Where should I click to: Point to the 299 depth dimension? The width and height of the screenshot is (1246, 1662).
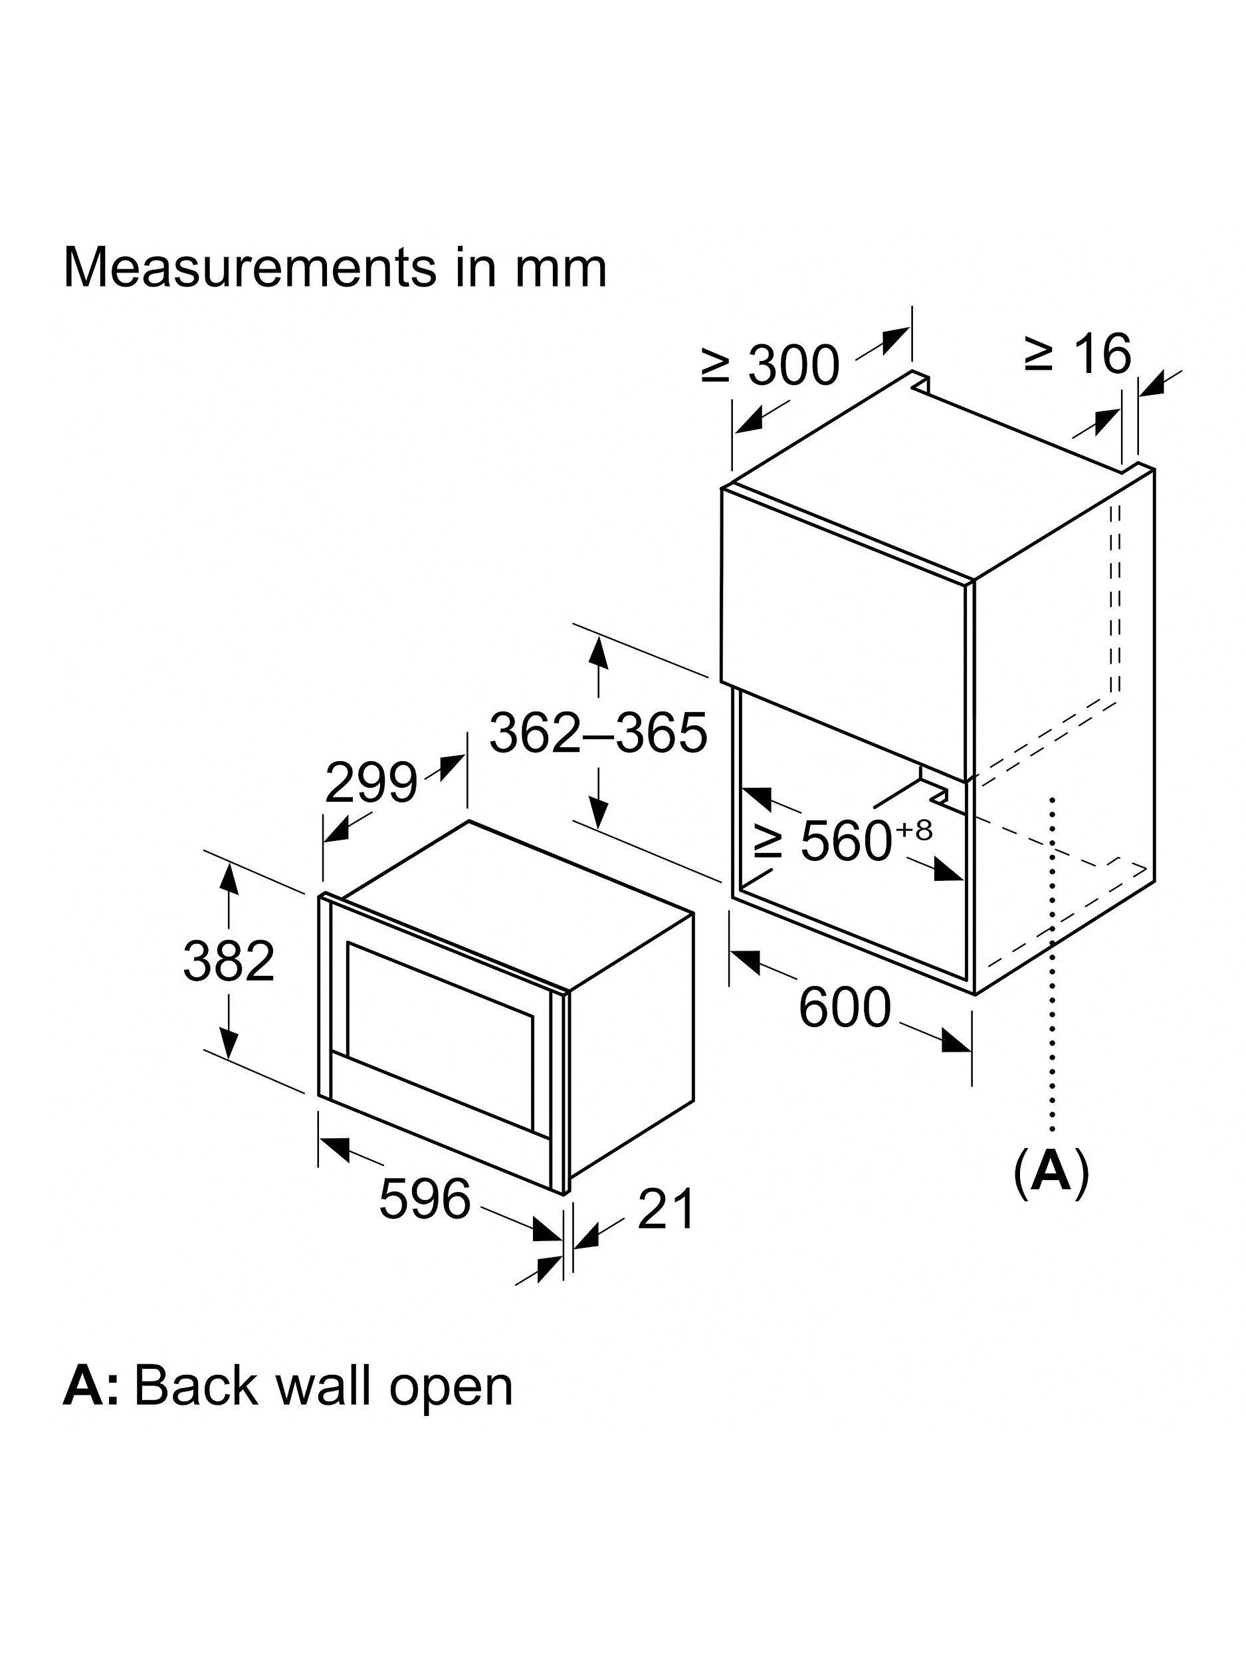[x=370, y=783]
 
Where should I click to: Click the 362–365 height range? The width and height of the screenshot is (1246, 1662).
[x=598, y=732]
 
